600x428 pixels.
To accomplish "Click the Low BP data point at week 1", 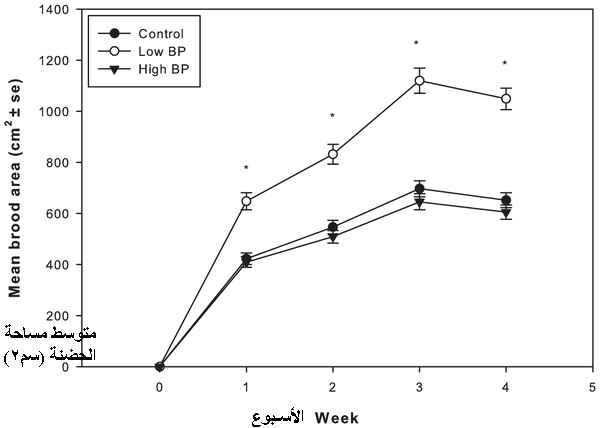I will pos(246,201).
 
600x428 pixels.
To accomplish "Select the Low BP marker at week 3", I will pos(419,81).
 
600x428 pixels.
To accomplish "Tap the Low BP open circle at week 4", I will pos(506,98).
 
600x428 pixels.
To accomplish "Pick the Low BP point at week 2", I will pos(333,154).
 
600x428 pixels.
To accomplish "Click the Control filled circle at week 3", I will pos(419,188).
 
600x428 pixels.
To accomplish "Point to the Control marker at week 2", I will pos(333,227).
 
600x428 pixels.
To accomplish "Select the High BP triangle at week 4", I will pos(506,212).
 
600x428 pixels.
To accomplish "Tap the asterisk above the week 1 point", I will pos(246,168).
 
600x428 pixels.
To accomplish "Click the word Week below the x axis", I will pos(337,416).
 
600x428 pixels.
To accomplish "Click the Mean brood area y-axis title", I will pos(17,188).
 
